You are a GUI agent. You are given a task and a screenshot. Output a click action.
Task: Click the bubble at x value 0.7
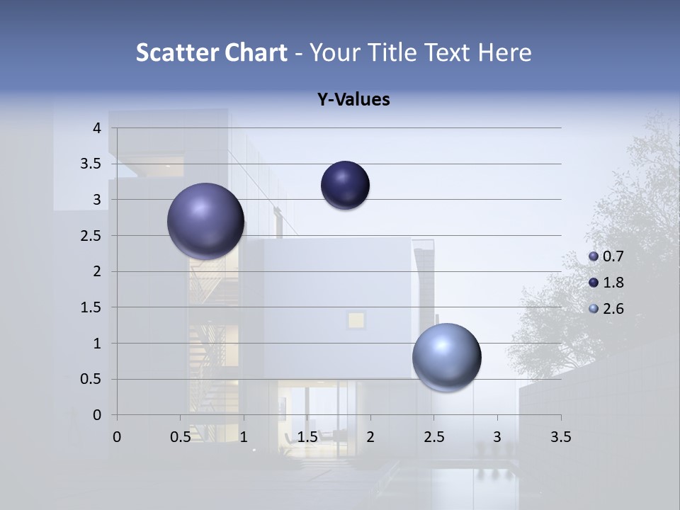(x=205, y=220)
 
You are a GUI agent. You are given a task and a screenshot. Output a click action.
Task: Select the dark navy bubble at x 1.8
(x=345, y=185)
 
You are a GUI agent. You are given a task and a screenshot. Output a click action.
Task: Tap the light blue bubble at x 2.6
(x=446, y=357)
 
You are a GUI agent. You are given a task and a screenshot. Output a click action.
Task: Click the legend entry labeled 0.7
(x=606, y=256)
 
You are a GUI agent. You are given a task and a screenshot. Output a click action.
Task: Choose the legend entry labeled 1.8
(x=606, y=283)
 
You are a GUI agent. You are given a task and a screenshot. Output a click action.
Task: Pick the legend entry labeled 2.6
(x=606, y=308)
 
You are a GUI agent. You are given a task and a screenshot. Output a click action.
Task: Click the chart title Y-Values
(x=353, y=100)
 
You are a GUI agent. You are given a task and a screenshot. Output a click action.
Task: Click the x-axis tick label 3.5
(x=560, y=437)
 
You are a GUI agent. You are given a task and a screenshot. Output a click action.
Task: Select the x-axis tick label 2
(x=370, y=437)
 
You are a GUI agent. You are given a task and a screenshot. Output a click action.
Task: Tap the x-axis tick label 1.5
(x=307, y=437)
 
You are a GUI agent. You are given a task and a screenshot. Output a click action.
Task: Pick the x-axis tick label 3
(x=497, y=437)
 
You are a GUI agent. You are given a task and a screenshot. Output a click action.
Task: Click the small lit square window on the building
(x=356, y=320)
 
